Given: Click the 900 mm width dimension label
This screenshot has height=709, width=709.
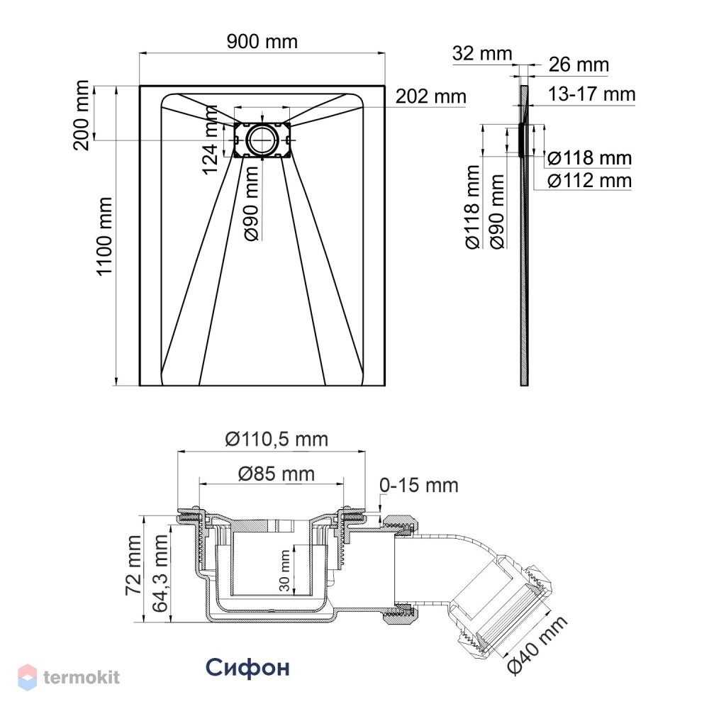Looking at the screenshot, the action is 262,42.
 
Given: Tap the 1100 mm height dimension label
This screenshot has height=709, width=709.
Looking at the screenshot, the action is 104,235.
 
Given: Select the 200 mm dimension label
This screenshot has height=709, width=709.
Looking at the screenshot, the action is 82,115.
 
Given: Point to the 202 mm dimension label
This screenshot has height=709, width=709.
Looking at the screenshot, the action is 430,96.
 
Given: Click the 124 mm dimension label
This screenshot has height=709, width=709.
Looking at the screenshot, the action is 211,140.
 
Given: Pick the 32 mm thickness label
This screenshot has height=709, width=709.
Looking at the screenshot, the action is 482,53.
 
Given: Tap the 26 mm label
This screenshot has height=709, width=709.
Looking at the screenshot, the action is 579,65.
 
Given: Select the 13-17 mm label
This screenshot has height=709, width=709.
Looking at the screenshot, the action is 591,94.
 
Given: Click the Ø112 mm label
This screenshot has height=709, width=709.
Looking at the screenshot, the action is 589,180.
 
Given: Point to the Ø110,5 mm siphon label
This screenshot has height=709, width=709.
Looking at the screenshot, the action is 277,439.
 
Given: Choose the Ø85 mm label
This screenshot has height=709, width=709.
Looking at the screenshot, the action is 277,474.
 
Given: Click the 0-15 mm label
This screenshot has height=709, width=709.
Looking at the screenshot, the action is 419,485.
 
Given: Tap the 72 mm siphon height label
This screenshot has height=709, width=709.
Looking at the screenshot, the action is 134,565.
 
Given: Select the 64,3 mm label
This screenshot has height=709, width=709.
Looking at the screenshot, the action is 160,574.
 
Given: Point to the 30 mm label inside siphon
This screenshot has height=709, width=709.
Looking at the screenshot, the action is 284,571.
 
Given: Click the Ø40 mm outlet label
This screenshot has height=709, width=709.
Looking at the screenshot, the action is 537,644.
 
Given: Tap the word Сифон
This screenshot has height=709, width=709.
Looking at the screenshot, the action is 247,667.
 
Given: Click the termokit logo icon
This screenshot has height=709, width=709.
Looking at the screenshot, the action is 27,677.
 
